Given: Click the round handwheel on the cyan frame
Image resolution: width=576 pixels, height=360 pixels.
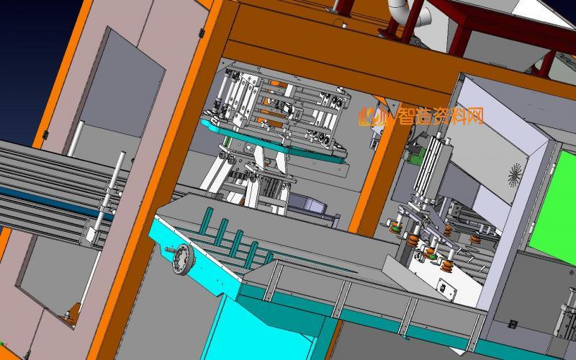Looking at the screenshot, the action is click(183, 259).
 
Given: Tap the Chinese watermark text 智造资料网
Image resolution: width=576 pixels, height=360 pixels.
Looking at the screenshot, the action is click(441, 116).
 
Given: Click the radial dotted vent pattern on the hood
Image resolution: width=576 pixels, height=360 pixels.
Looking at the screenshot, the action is click(515, 175).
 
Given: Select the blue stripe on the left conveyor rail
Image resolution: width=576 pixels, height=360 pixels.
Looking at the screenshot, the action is click(55, 203).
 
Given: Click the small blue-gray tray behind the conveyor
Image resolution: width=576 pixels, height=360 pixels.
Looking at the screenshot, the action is click(306, 203).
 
